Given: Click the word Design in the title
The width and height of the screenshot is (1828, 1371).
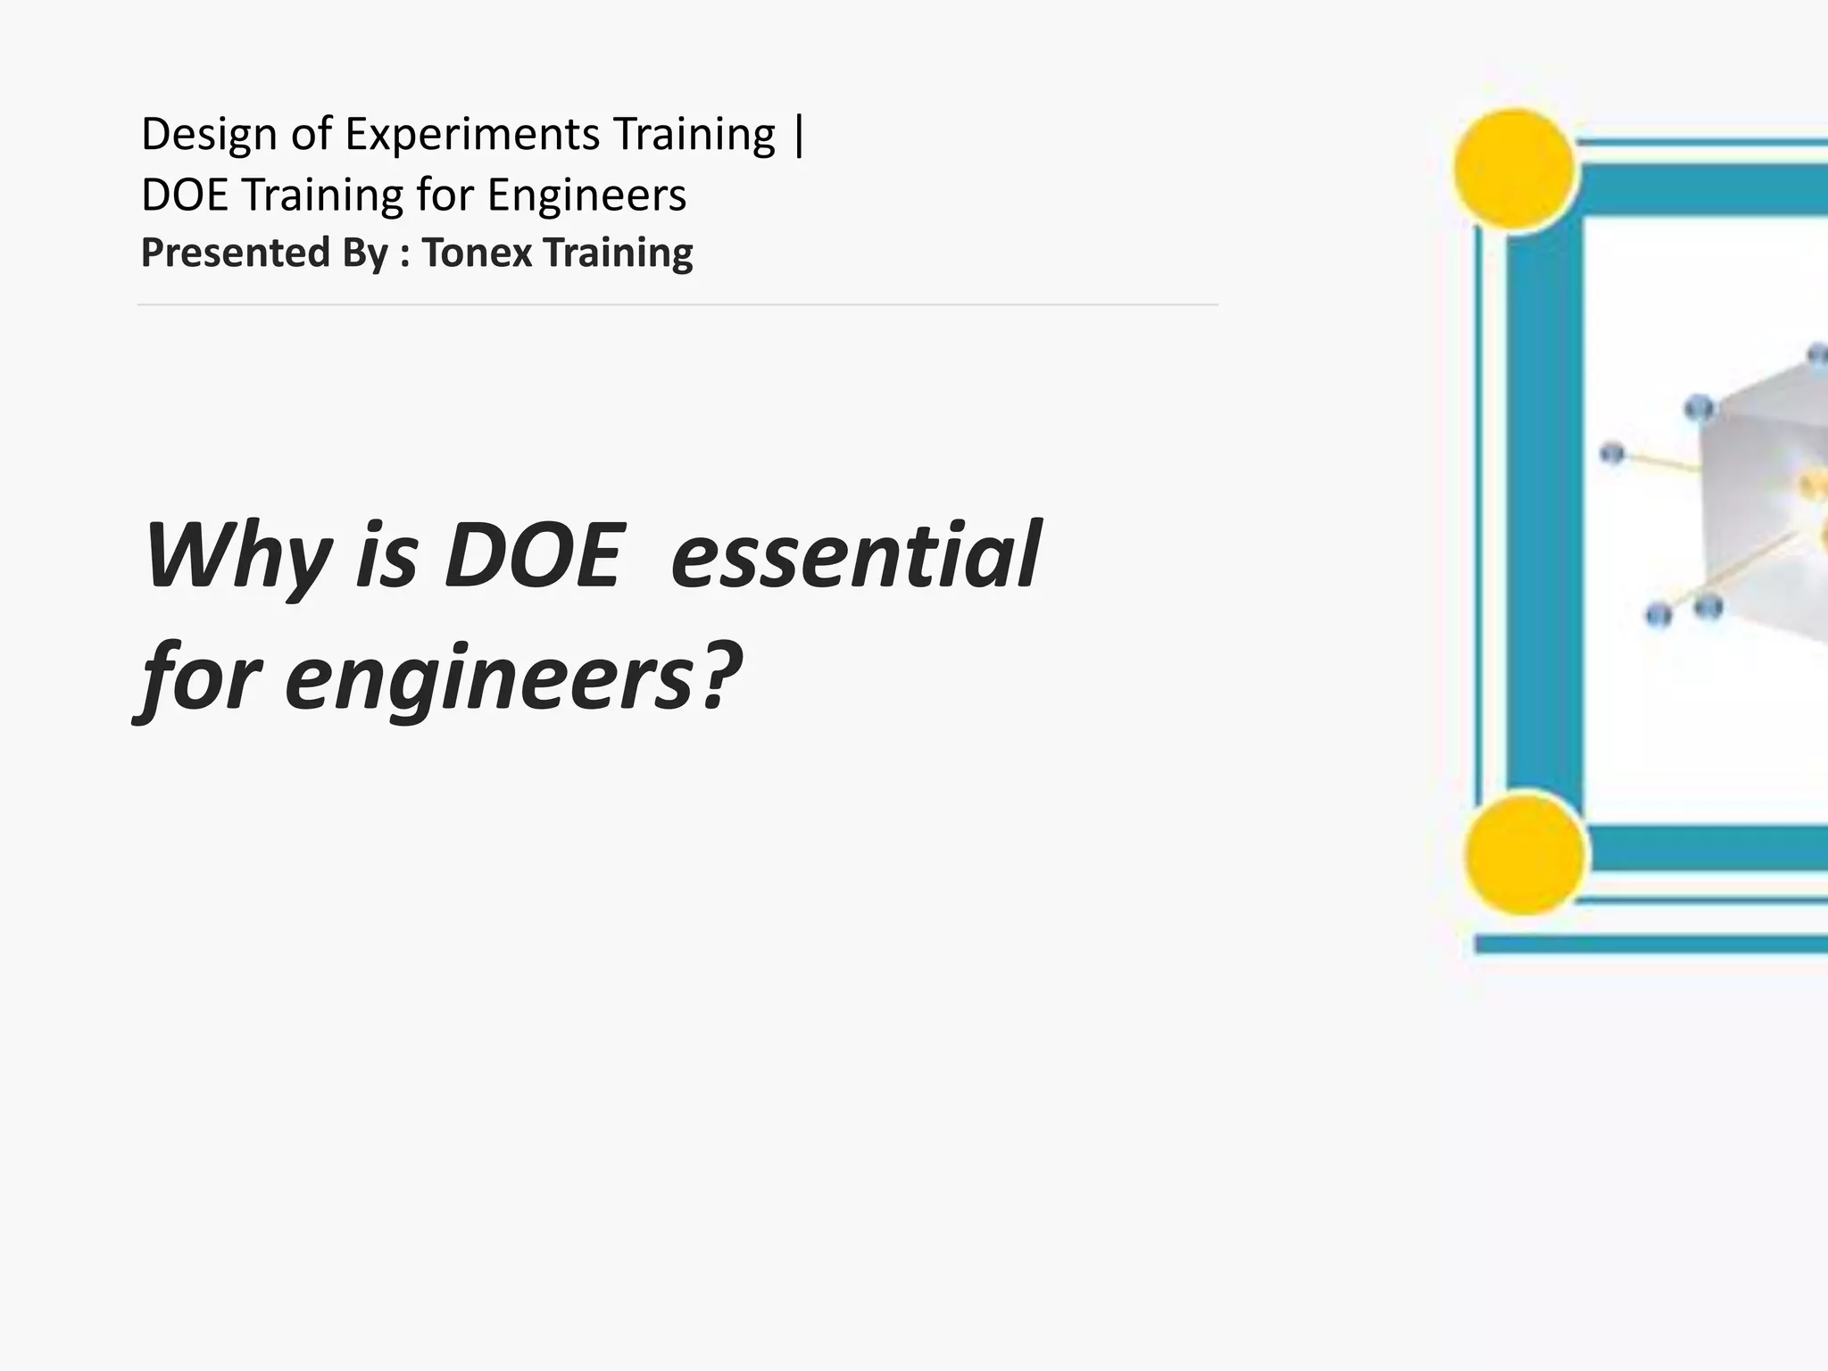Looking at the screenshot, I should [209, 136].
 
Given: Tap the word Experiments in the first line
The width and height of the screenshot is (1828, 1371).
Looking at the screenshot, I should [471, 136].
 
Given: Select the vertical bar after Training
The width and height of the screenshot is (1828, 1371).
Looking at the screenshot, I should [798, 136].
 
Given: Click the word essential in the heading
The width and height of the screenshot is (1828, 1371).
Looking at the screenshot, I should [855, 555].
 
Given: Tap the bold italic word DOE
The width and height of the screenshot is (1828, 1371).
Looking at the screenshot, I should [532, 555].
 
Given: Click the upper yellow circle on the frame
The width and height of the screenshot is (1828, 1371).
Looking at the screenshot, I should [1514, 168].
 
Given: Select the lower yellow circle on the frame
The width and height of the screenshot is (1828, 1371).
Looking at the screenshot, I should [1525, 852].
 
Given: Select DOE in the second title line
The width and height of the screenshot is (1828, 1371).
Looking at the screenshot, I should [185, 195].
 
